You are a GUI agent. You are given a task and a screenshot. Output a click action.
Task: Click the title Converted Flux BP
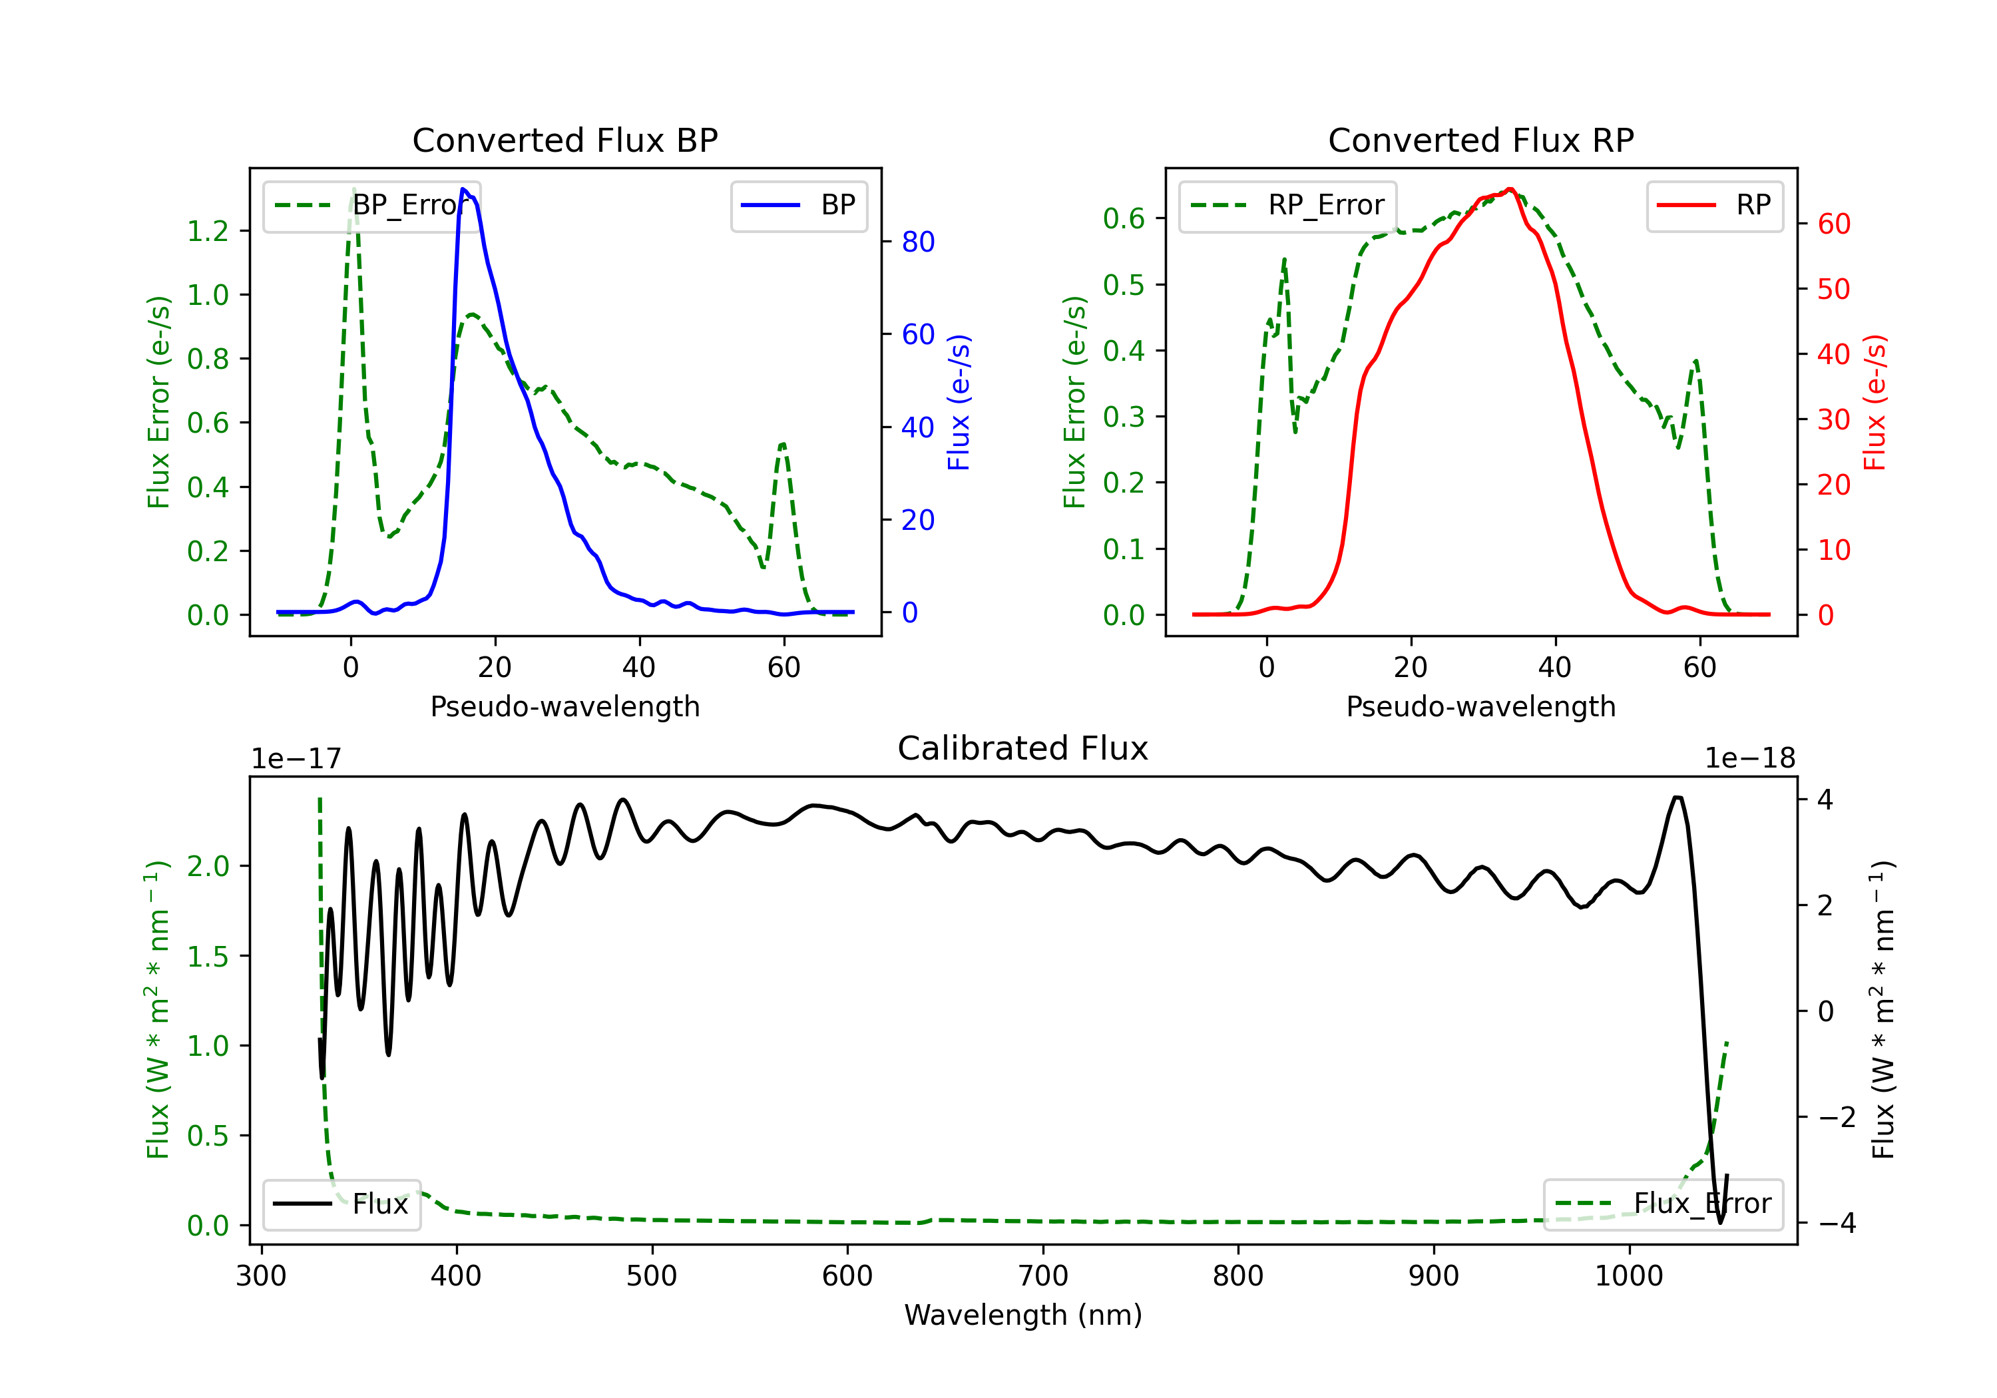[x=564, y=140]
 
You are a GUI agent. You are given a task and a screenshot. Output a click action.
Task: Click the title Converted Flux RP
[x=1480, y=140]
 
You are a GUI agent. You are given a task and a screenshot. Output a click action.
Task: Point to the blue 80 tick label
[x=917, y=242]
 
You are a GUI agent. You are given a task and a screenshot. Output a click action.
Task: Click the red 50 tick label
[x=1833, y=289]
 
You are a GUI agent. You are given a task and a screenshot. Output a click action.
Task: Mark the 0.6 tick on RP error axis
[x=1124, y=218]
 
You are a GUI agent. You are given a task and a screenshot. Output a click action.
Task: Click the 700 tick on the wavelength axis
[x=1043, y=1276]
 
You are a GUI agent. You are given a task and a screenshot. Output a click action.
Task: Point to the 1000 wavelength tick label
[x=1628, y=1276]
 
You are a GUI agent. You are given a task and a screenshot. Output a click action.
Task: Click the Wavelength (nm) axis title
[x=1023, y=1315]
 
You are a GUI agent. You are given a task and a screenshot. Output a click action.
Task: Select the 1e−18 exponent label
[x=1749, y=759]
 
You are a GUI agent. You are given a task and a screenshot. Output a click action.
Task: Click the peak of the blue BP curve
[x=463, y=189]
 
